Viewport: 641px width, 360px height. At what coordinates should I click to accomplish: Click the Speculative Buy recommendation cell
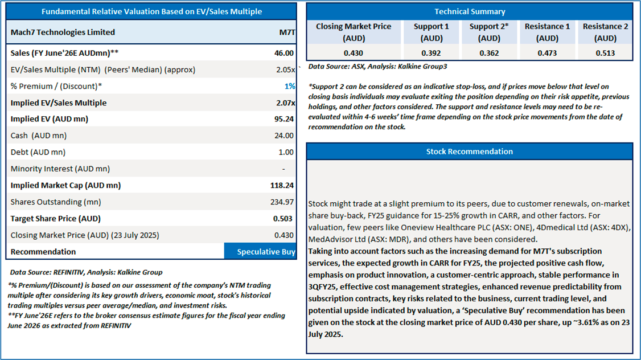(x=260, y=252)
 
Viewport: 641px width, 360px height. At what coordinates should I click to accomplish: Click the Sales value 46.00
(x=284, y=53)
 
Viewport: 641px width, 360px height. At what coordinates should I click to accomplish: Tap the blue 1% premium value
(x=290, y=86)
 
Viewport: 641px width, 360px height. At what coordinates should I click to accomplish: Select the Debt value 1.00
(x=286, y=152)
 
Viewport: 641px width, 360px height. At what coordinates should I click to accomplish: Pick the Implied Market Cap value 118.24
(x=282, y=185)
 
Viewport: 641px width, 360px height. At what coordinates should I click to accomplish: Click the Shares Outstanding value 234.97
(x=282, y=202)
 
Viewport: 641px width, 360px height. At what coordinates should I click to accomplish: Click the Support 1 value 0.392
(x=431, y=53)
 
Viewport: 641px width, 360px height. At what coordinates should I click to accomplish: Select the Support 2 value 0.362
(x=488, y=53)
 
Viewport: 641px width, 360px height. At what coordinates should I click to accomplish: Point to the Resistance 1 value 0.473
(x=547, y=53)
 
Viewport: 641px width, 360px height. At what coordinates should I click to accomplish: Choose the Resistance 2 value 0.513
(x=605, y=53)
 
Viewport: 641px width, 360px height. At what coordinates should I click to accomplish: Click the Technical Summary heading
(x=470, y=11)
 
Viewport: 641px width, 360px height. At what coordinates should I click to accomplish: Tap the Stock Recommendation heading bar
(x=470, y=152)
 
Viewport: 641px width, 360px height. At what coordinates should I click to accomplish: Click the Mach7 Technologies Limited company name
(x=63, y=32)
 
